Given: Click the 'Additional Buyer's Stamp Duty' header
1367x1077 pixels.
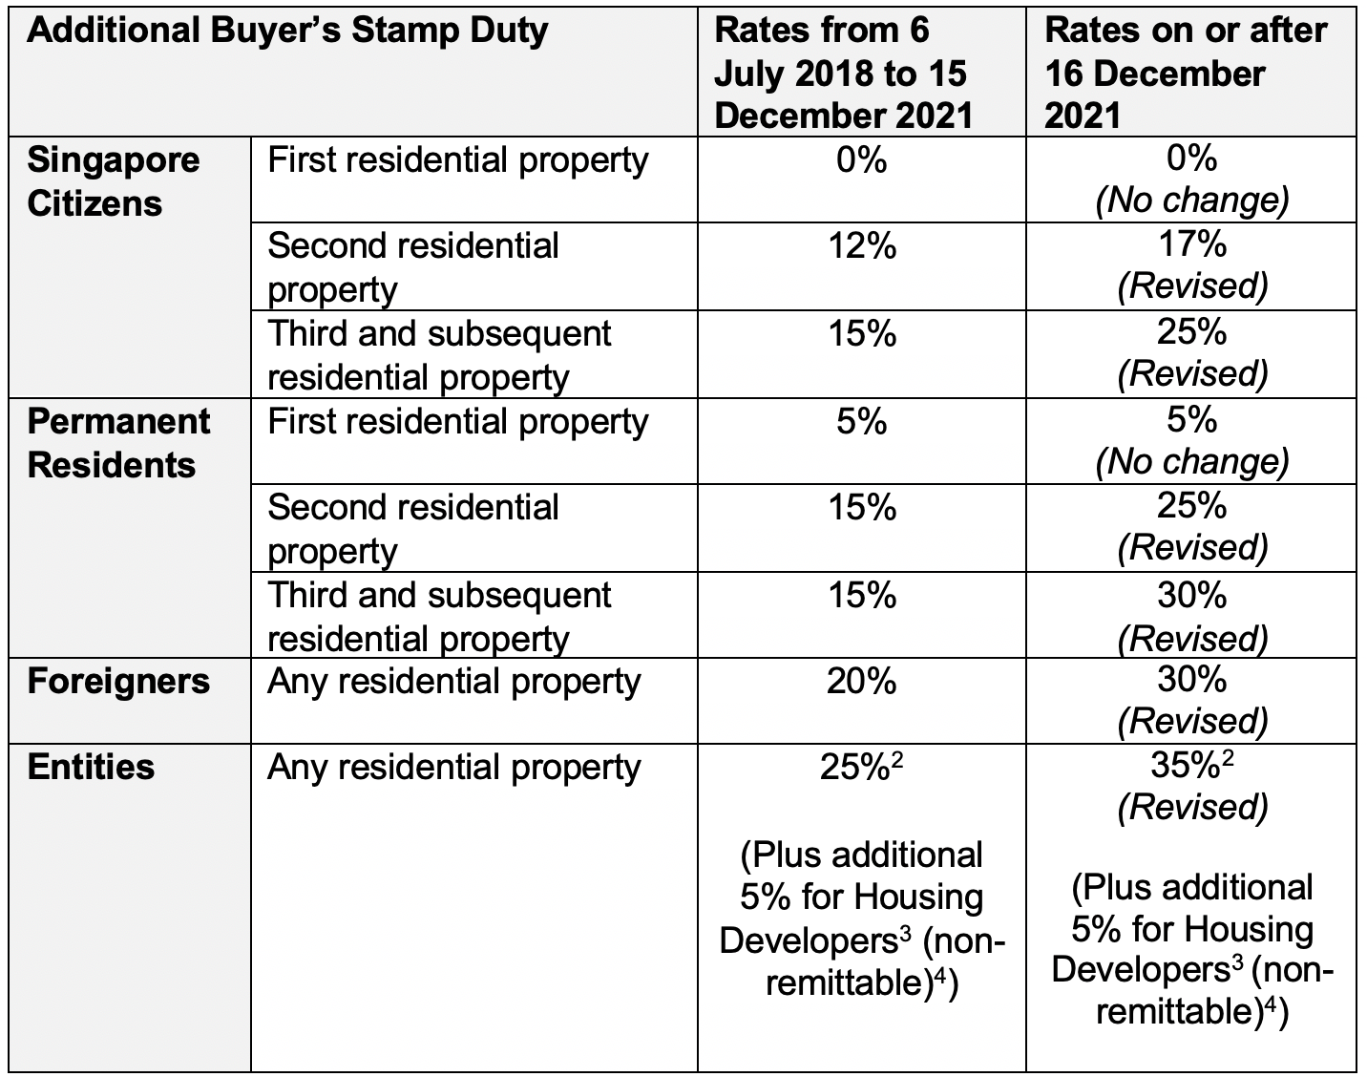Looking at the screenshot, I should (x=287, y=31).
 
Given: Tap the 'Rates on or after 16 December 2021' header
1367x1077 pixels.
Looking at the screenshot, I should (x=1186, y=73).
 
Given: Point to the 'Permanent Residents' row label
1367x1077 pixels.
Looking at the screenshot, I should (x=118, y=443).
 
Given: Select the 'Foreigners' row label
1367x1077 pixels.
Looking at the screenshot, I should (x=118, y=682).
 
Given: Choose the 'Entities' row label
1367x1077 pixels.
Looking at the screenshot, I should (x=91, y=768).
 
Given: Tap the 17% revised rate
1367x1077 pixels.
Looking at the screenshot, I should (x=1192, y=244).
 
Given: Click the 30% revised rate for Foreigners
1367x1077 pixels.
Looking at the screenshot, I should (x=1192, y=679).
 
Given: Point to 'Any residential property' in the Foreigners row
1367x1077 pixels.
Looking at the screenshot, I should (x=453, y=682).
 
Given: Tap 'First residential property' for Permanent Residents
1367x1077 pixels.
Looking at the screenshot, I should (x=457, y=421).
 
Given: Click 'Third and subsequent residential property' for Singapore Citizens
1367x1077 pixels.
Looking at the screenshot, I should (x=439, y=355).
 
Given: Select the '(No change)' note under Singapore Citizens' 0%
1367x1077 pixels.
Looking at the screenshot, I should (x=1192, y=201).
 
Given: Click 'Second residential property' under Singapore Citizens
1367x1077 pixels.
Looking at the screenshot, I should (x=412, y=267).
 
